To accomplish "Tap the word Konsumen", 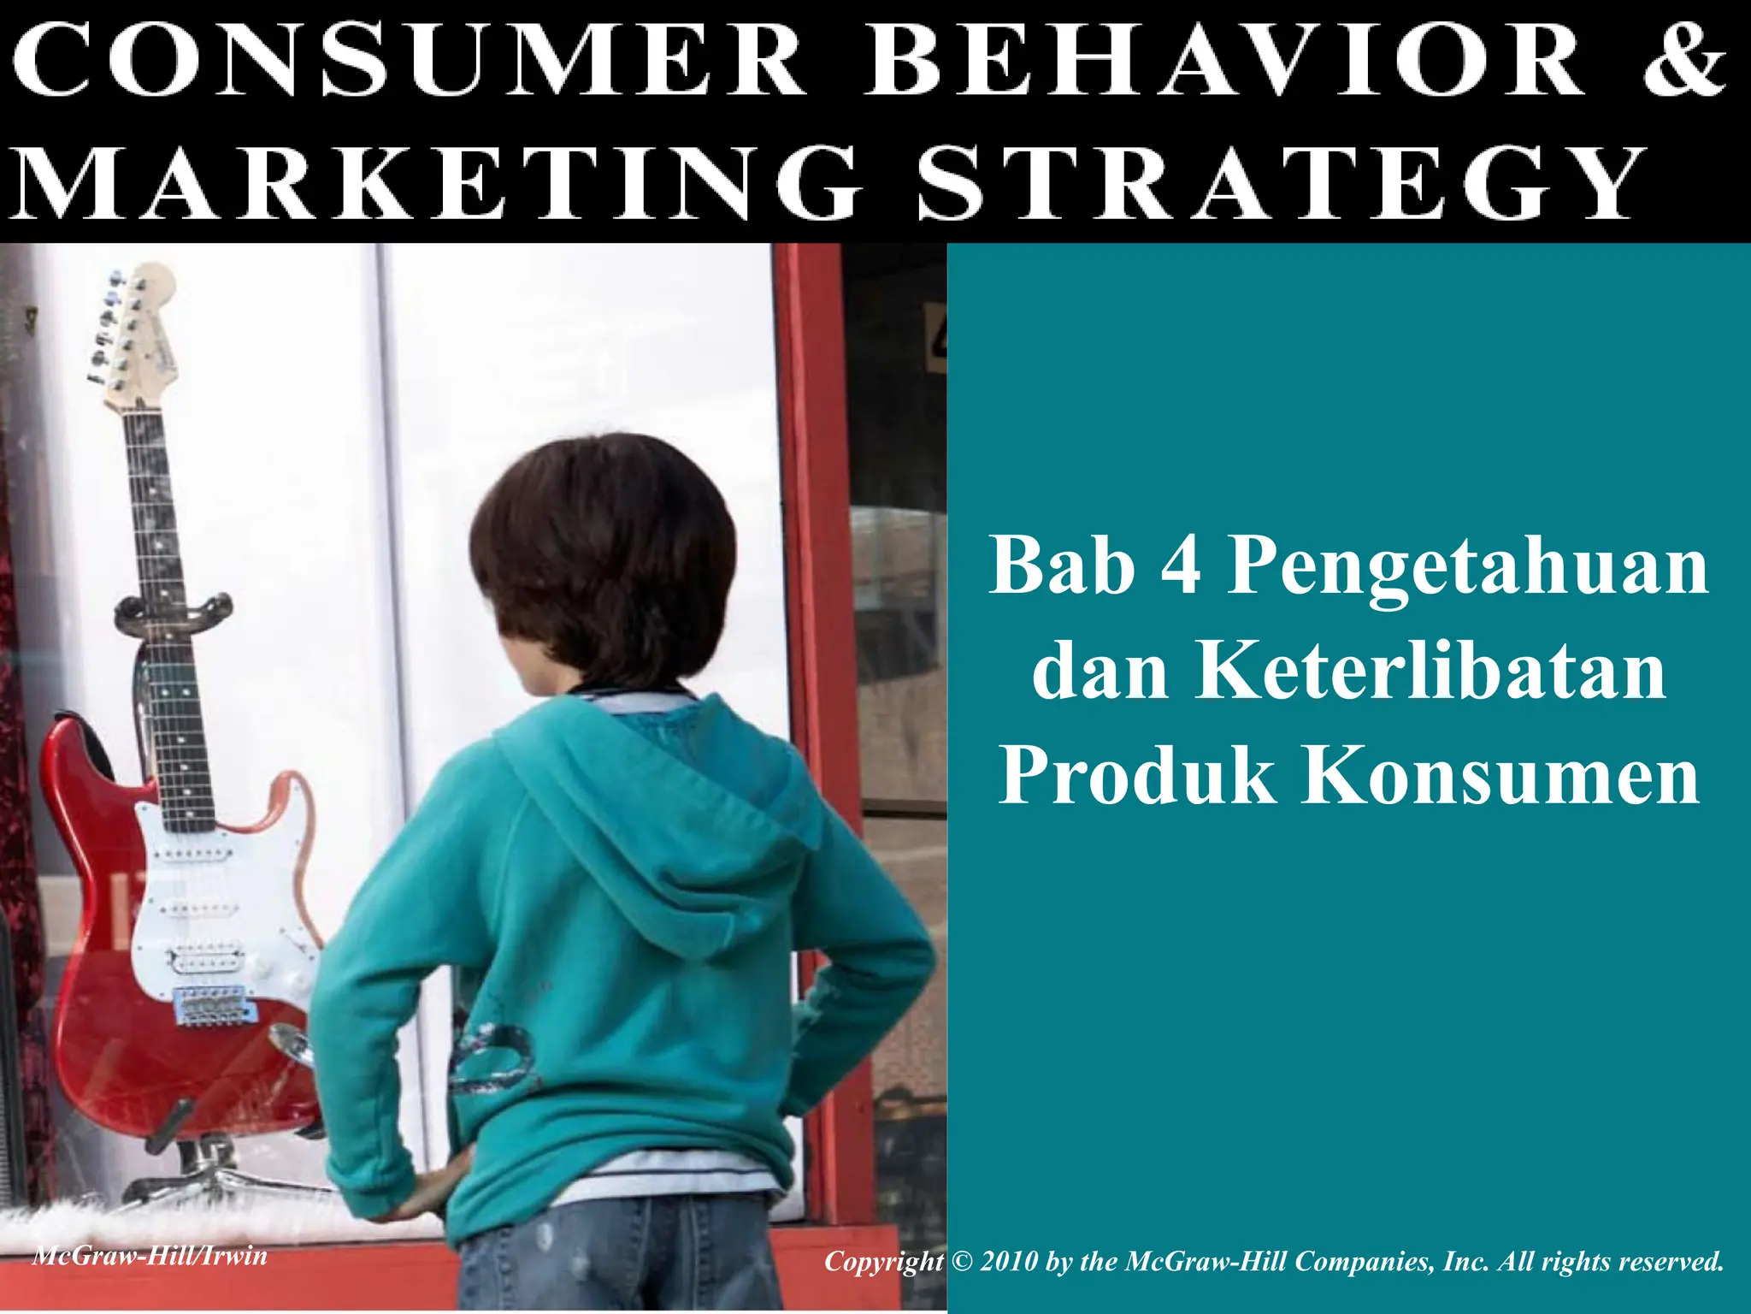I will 1500,775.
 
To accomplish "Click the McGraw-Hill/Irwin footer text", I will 150,1256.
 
